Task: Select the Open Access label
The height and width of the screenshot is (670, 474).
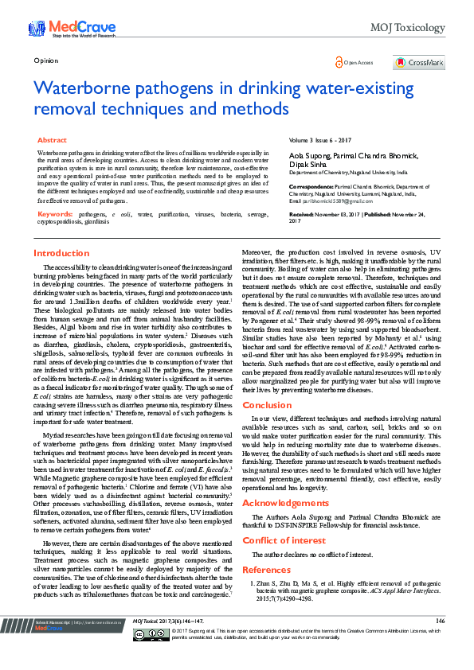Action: point(358,62)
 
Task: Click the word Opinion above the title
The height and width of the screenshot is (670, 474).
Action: point(46,60)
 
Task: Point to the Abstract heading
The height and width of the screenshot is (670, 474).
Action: point(52,140)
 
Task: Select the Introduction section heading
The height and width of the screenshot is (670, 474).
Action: point(61,253)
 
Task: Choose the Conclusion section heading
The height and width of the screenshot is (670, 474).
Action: point(267,405)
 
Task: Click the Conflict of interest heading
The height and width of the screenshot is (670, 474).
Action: point(284,540)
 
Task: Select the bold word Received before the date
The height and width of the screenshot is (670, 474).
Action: point(301,215)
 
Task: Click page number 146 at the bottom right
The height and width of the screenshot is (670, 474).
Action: point(441,642)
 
